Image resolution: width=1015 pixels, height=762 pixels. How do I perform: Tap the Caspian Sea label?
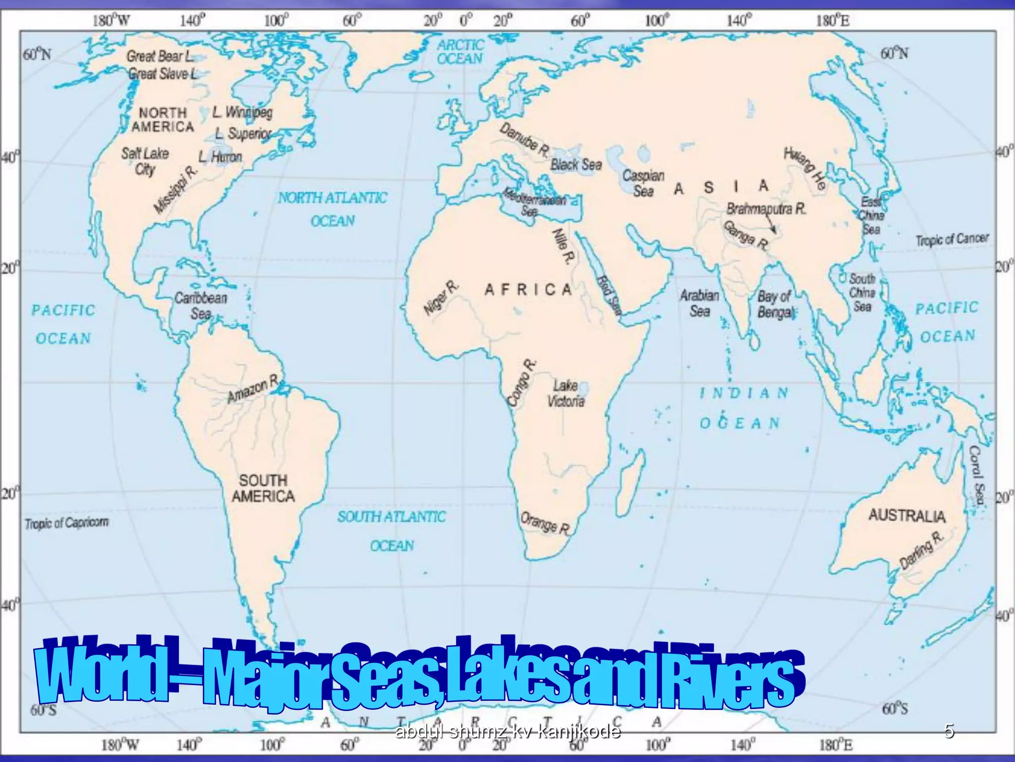[643, 183]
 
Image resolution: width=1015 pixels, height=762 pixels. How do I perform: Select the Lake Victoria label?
[565, 393]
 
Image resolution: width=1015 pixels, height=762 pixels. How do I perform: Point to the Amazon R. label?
[253, 389]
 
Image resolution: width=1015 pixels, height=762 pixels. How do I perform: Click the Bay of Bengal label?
[775, 304]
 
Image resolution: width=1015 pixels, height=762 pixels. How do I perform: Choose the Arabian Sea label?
[699, 303]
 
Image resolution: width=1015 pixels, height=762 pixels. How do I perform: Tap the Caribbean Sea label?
[201, 306]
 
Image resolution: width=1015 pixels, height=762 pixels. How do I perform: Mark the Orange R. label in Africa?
[545, 523]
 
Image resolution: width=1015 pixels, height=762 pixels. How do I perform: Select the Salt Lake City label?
[145, 161]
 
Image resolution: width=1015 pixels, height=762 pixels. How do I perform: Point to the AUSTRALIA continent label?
[906, 516]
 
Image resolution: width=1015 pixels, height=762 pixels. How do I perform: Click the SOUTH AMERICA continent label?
[263, 488]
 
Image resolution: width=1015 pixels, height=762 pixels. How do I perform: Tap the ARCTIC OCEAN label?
[460, 52]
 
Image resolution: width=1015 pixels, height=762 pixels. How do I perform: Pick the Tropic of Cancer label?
[952, 240]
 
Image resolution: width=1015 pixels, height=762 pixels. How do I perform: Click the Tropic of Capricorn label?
[66, 523]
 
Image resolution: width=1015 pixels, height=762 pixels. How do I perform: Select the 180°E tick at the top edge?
[833, 21]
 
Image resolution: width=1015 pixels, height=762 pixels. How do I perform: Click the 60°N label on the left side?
[37, 54]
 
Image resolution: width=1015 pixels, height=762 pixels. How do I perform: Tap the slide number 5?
[949, 731]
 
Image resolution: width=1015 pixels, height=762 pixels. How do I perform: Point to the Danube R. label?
[524, 138]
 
